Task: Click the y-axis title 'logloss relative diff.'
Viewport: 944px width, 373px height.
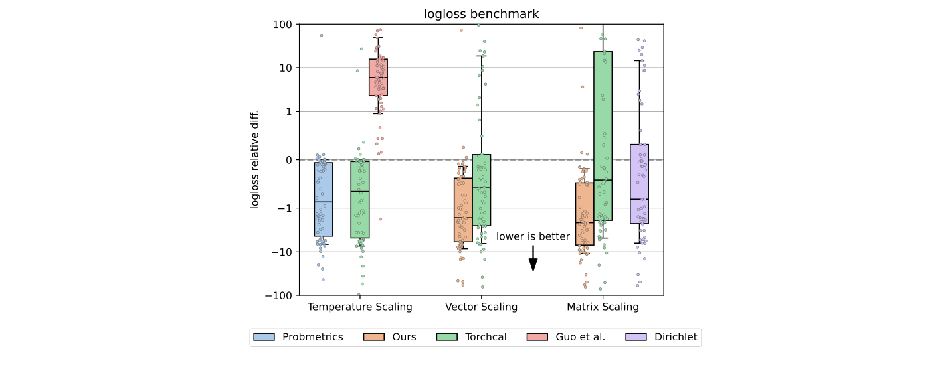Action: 254,159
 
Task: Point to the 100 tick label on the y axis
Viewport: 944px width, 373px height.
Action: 283,25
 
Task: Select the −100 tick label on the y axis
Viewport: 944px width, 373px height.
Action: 280,295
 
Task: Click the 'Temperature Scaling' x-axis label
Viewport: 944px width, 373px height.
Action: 359,307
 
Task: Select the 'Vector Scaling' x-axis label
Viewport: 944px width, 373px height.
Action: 481,307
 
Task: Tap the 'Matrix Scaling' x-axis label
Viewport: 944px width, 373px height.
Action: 603,307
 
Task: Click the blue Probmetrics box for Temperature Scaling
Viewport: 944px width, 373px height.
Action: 324,199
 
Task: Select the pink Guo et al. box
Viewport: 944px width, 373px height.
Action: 379,77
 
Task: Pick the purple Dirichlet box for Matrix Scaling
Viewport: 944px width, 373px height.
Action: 639,184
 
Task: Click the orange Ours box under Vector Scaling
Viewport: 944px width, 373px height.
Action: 463,209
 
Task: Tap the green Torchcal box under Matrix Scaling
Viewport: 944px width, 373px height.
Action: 603,136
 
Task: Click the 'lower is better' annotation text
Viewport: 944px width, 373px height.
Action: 533,236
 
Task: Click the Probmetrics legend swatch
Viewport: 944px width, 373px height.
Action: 265,337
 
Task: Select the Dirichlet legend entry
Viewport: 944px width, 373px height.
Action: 662,337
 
